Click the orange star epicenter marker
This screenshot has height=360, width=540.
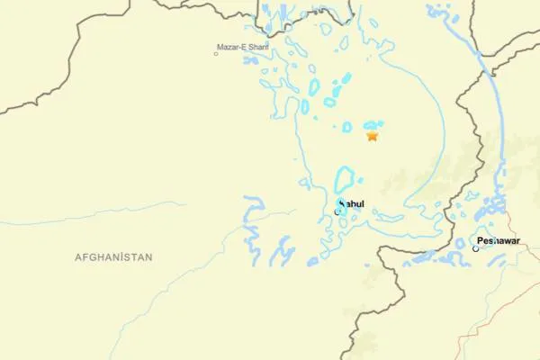pyautogui.click(x=372, y=137)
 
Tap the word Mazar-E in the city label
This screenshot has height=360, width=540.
pyautogui.click(x=229, y=47)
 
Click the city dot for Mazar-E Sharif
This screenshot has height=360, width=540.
pyautogui.click(x=216, y=54)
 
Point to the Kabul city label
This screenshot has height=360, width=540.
pyautogui.click(x=351, y=204)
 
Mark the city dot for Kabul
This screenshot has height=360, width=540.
pyautogui.click(x=337, y=211)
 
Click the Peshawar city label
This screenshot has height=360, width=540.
pyautogui.click(x=499, y=241)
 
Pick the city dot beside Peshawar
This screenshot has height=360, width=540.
pyautogui.click(x=476, y=248)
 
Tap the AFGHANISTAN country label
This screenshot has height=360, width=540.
pyautogui.click(x=113, y=257)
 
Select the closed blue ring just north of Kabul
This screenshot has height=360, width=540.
pyautogui.click(x=345, y=179)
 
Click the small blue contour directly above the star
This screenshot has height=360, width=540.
pyautogui.click(x=372, y=125)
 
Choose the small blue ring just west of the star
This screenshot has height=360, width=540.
pyautogui.click(x=346, y=127)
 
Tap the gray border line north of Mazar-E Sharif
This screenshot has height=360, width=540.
pyautogui.click(x=207, y=13)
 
